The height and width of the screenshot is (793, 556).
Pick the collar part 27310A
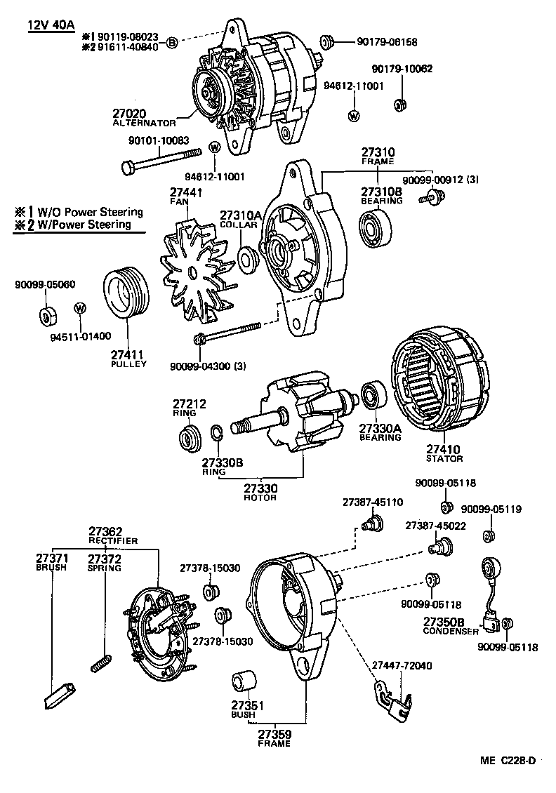pos(248,258)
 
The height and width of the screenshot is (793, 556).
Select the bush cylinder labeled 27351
pos(243,684)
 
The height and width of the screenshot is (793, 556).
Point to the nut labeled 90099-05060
pos(46,314)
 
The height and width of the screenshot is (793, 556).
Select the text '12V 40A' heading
pos(52,26)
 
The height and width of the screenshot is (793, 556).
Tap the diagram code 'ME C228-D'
pos(508,760)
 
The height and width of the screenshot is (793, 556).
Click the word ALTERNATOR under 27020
pos(144,123)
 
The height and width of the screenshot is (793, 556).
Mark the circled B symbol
pos(173,44)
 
